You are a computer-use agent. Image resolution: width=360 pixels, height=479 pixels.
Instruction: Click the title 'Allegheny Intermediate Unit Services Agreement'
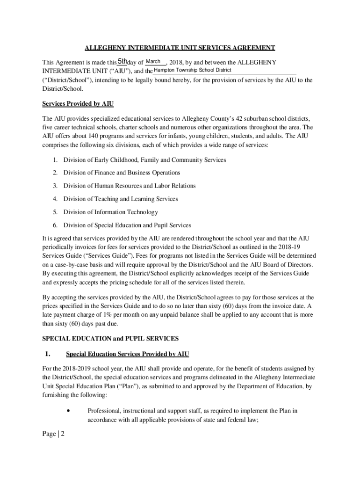click(180, 48)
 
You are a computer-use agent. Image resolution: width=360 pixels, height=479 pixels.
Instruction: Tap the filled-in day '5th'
click(122, 61)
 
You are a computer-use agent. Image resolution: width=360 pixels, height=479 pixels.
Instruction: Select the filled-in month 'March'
click(153, 61)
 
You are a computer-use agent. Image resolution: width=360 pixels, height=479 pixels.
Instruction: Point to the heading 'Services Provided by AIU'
click(78, 103)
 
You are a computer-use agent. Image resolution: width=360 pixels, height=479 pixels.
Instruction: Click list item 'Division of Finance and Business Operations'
click(122, 173)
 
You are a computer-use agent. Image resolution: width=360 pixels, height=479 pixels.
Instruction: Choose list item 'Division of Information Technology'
click(110, 212)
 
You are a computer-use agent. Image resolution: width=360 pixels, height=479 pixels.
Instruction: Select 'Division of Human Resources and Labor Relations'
click(130, 186)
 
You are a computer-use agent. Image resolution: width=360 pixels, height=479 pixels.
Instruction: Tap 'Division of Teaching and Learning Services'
click(121, 199)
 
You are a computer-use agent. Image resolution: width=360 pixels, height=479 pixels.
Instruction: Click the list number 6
click(55, 225)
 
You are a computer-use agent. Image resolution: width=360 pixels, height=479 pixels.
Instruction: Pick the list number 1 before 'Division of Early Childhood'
click(55, 160)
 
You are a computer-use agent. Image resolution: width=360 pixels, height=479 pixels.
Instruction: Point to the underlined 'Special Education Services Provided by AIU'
click(128, 354)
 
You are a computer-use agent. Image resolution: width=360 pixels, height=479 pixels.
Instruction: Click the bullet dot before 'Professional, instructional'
click(69, 411)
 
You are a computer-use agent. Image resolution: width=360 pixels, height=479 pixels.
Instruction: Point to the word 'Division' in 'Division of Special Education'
click(75, 225)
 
